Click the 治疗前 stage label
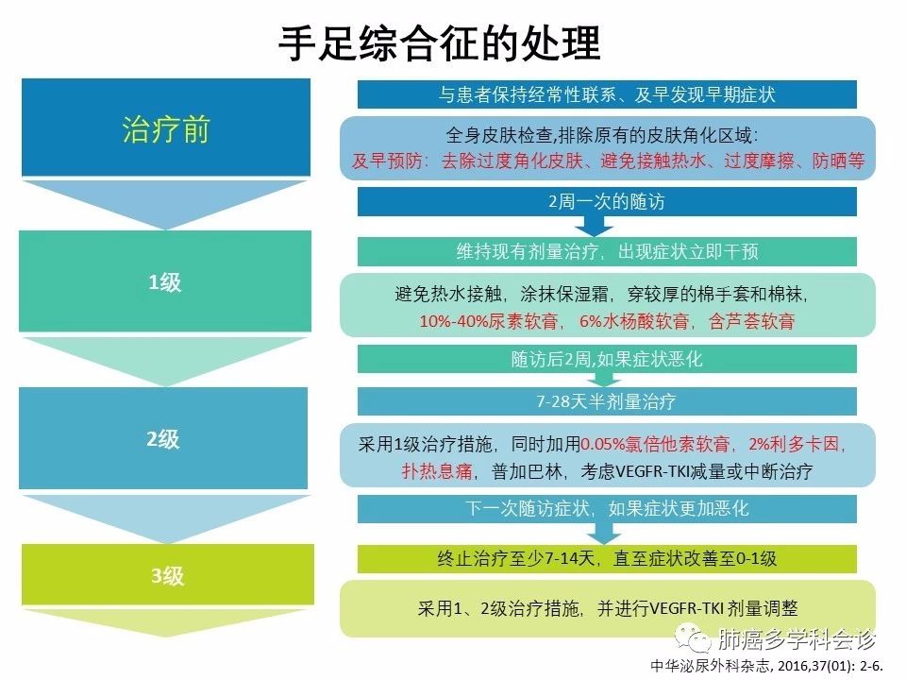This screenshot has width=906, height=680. tap(166, 129)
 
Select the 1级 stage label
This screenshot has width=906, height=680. tap(165, 281)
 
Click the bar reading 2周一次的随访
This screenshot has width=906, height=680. tap(607, 201)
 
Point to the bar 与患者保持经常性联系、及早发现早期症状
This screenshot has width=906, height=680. tap(607, 94)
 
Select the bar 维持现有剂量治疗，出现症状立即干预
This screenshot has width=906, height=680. tap(607, 251)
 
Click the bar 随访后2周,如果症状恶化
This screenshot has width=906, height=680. tap(607, 360)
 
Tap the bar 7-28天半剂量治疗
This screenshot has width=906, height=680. tap(607, 400)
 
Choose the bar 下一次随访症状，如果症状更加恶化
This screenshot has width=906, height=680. tap(607, 508)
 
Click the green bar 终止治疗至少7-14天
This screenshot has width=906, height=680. tap(607, 558)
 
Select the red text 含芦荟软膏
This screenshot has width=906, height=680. tap(751, 321)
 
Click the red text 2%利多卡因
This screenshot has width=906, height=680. tap(797, 443)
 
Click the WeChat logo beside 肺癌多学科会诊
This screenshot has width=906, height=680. tap(700, 640)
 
